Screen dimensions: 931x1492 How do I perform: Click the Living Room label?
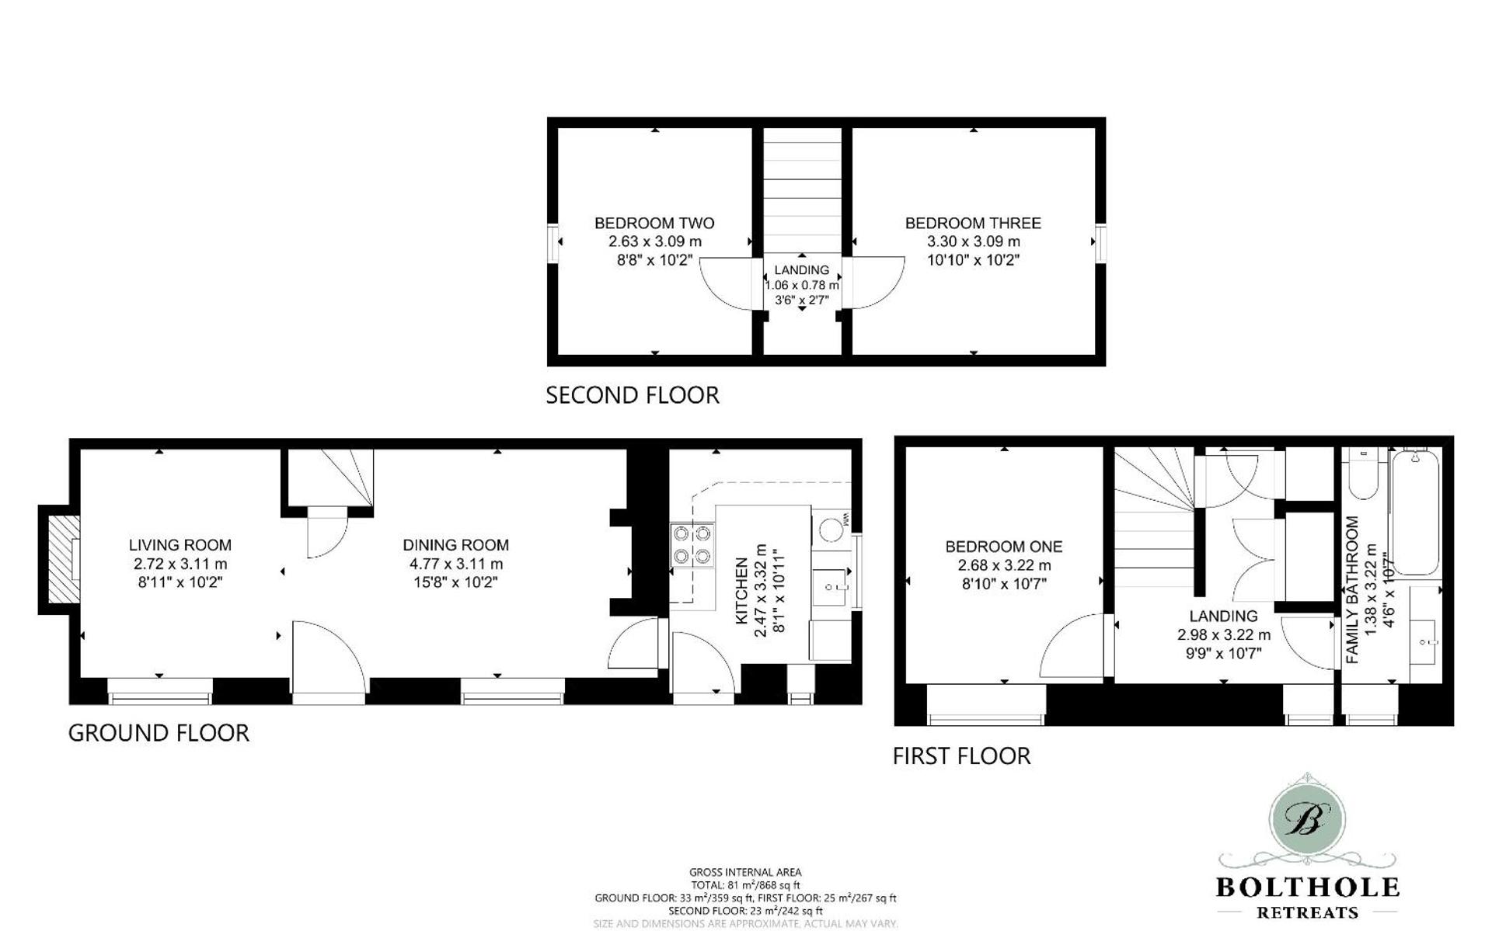[x=180, y=545]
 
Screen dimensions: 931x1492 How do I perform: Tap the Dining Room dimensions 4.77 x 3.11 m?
[x=455, y=565]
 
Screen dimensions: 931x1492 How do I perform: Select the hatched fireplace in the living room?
[x=61, y=559]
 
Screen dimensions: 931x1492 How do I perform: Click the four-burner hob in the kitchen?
[x=692, y=545]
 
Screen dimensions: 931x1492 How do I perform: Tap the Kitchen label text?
[x=741, y=590]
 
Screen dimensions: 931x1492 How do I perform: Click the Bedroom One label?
[x=1003, y=547]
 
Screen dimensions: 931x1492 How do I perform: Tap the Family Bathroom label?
[x=1352, y=590]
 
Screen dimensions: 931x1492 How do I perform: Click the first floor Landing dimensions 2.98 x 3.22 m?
[x=1223, y=635]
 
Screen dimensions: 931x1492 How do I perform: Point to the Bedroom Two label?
[x=654, y=223]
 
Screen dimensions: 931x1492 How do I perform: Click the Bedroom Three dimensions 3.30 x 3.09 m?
[x=973, y=241]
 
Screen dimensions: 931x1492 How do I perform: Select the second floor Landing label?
[x=801, y=270]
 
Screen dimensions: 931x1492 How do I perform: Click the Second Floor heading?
[x=632, y=395]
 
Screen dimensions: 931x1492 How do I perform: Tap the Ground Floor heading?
[x=159, y=733]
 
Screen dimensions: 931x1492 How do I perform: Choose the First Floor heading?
[x=961, y=756]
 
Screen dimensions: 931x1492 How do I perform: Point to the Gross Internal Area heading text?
[x=744, y=872]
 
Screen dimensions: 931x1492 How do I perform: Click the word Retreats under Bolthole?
[x=1307, y=912]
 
